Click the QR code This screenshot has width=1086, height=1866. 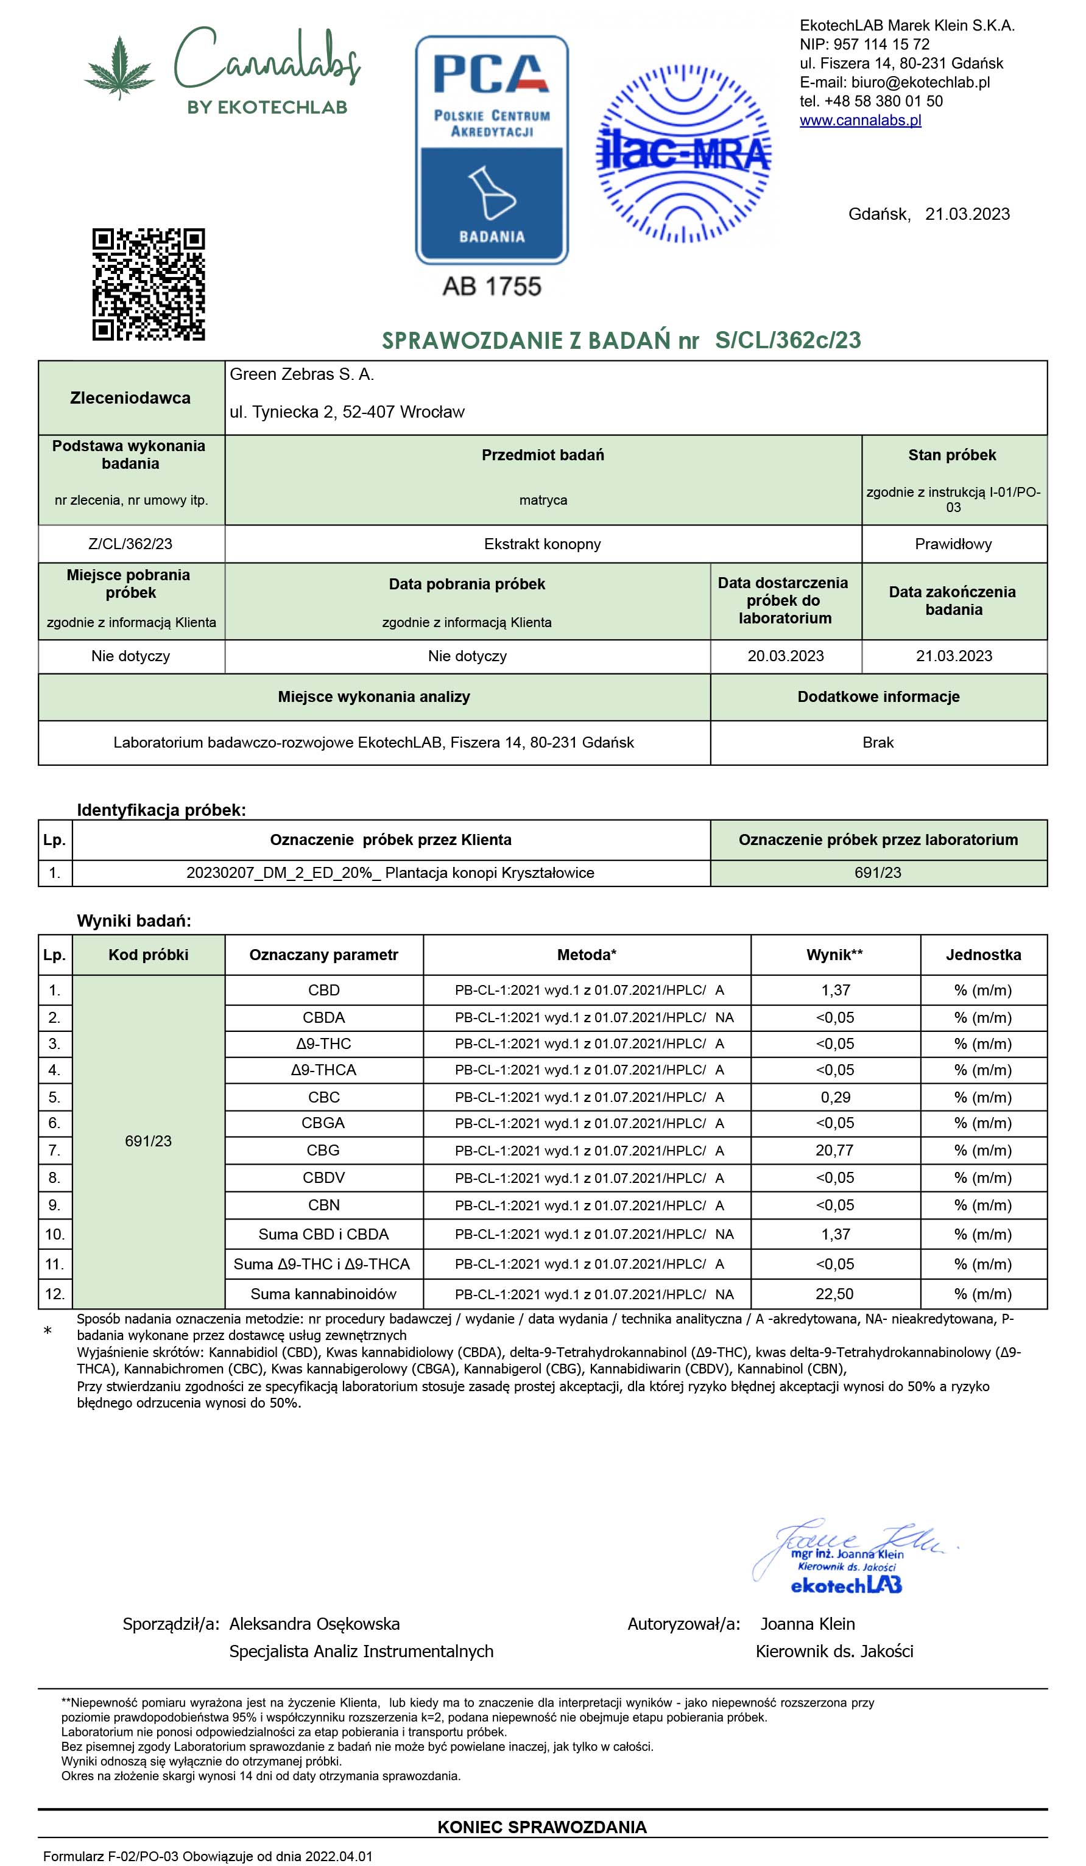click(148, 284)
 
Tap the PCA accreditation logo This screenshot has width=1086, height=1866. click(491, 150)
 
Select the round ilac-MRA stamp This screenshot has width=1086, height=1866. click(683, 154)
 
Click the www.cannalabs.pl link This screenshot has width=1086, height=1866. click(860, 120)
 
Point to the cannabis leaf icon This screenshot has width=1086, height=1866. click(119, 68)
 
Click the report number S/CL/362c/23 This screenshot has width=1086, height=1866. click(788, 340)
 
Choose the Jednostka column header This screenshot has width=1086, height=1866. click(983, 955)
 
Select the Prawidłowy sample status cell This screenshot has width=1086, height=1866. click(953, 544)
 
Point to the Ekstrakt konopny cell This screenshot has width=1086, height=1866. click(542, 544)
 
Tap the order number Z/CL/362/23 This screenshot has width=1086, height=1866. click(130, 544)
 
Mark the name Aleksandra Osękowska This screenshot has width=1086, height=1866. click(314, 1624)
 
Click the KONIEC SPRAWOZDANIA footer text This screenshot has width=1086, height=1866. click(541, 1827)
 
